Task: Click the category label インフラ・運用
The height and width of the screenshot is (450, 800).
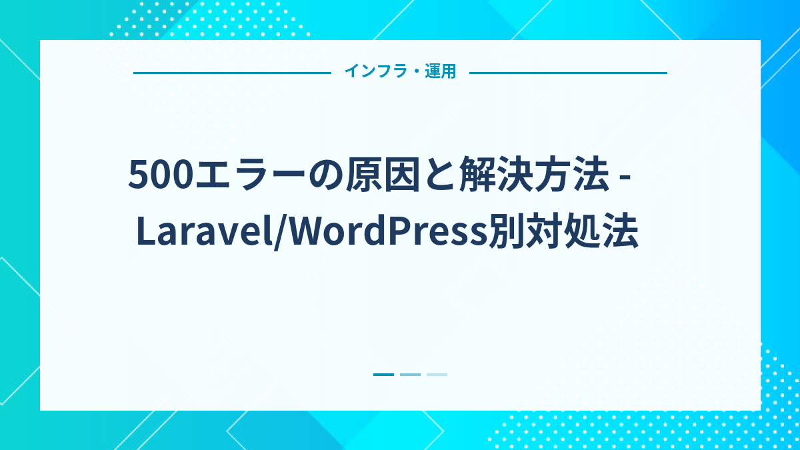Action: pos(400,72)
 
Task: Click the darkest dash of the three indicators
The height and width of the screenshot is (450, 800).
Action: pos(383,375)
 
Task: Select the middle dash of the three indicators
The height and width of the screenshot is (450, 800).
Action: pos(410,375)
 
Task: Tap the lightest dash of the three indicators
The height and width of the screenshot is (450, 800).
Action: pos(437,375)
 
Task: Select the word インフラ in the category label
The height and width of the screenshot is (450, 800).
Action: pos(374,72)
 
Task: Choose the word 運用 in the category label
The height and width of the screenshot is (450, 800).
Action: pos(441,72)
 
